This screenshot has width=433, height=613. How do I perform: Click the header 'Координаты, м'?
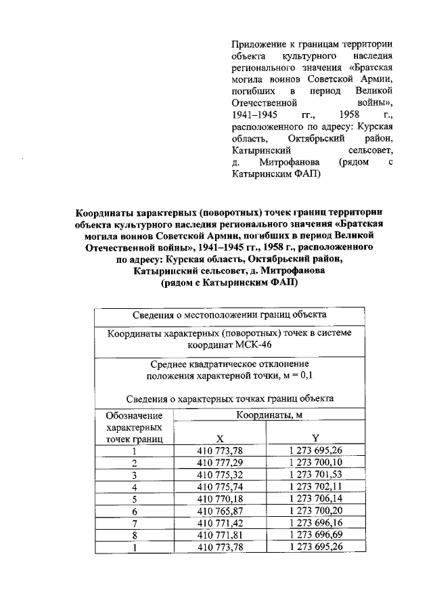[268, 415]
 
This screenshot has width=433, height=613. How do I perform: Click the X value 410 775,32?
[219, 475]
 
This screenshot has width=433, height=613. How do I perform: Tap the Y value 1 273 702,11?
[315, 487]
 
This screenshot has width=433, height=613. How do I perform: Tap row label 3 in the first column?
[135, 475]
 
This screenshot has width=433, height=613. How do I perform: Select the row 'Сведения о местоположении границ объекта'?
[229, 315]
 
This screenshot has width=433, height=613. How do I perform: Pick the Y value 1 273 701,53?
[315, 475]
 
